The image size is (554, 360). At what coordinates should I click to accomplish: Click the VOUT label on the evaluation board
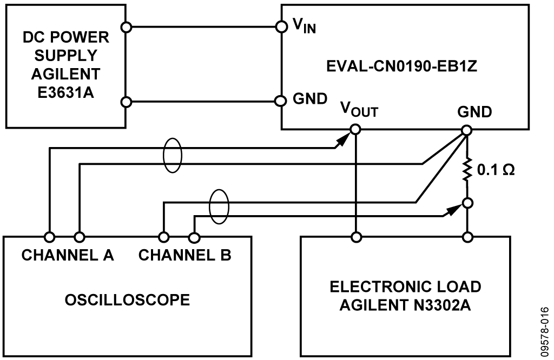click(x=359, y=111)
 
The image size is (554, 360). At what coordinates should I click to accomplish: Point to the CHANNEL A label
click(x=68, y=255)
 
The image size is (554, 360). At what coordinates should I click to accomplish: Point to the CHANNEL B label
click(x=185, y=255)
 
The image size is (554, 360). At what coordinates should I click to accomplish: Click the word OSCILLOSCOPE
click(x=128, y=300)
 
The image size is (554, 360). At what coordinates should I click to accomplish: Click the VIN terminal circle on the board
click(x=281, y=26)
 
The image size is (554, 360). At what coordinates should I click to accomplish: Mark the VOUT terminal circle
click(x=355, y=130)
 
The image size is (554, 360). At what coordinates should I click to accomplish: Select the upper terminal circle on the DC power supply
click(x=126, y=26)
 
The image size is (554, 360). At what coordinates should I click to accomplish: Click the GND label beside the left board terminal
click(x=309, y=99)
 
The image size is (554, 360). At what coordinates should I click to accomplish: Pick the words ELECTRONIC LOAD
click(x=405, y=286)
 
